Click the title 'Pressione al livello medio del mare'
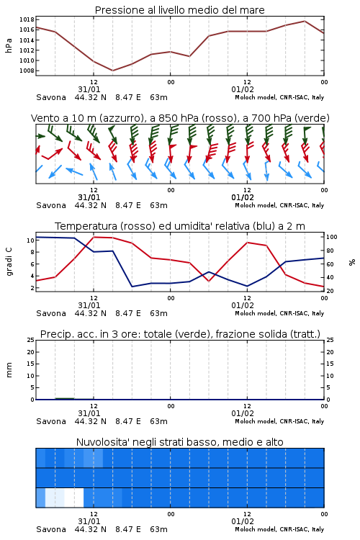point(179,10)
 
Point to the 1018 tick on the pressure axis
point(27,19)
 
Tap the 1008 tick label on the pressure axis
point(27,71)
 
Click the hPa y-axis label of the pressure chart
point(9,45)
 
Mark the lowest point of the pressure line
point(112,71)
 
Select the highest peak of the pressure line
point(305,21)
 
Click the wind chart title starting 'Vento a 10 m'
point(180,118)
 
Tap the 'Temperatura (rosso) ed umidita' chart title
point(180,226)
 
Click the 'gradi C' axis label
point(9,262)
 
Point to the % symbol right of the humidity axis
point(352,262)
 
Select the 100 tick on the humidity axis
point(332,237)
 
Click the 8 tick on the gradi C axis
point(32,252)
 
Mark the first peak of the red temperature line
point(94,237)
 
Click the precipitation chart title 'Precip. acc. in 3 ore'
point(180,334)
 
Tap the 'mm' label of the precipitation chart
point(9,370)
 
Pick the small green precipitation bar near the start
point(65,398)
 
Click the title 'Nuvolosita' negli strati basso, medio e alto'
point(179,442)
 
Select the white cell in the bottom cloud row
point(73,498)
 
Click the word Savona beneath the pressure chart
point(51,97)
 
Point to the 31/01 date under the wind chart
point(89,198)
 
